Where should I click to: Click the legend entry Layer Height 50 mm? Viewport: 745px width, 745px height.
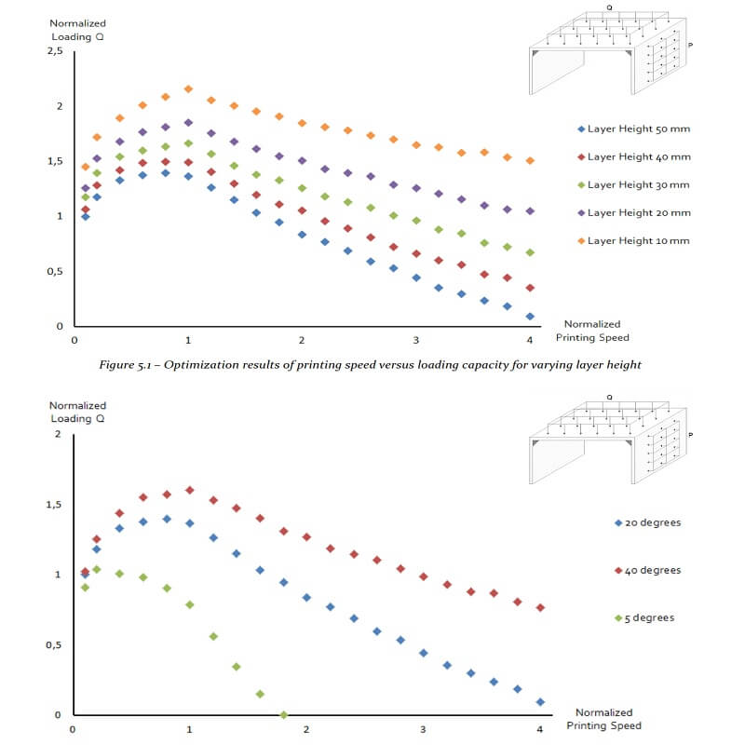click(x=639, y=129)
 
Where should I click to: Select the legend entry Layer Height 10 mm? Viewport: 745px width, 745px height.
click(x=639, y=240)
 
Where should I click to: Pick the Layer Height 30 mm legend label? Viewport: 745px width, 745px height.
click(x=639, y=184)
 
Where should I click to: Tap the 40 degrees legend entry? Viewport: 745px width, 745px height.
click(x=653, y=570)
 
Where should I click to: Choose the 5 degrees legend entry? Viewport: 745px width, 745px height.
click(x=650, y=617)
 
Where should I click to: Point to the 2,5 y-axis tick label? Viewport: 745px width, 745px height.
click(x=54, y=51)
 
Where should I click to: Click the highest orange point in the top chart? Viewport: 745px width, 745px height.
click(x=188, y=88)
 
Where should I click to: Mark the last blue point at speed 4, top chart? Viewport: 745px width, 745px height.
click(x=530, y=316)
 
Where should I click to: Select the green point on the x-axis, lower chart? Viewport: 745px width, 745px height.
click(x=283, y=714)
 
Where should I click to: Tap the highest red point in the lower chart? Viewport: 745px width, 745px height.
click(x=190, y=490)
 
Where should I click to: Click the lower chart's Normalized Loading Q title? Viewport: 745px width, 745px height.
click(x=77, y=412)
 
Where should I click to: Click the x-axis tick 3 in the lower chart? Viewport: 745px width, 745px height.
click(x=423, y=729)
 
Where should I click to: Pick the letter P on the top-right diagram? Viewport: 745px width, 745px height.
click(x=690, y=44)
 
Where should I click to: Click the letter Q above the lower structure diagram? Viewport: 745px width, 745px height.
click(x=609, y=396)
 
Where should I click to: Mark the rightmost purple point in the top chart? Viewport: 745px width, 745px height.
click(x=530, y=211)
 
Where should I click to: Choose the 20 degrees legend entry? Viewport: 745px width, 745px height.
click(x=653, y=522)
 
